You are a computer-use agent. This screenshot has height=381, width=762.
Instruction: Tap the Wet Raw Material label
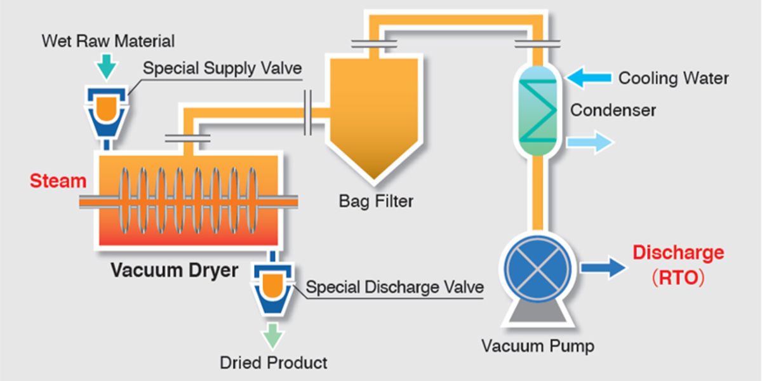[107, 42]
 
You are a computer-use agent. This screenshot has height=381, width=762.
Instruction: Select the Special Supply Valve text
[222, 69]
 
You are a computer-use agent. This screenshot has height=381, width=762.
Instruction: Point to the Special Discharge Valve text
[394, 287]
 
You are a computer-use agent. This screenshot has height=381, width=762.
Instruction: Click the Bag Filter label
[376, 202]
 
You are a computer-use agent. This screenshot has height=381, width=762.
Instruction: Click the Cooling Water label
[674, 79]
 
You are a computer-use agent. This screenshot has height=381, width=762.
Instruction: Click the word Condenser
[613, 110]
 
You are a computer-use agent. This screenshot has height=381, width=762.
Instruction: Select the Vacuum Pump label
[537, 347]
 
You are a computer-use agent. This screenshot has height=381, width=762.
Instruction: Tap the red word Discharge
[678, 253]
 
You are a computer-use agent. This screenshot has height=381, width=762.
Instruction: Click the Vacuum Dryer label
[175, 271]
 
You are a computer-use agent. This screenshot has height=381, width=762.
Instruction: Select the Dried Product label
[274, 363]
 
